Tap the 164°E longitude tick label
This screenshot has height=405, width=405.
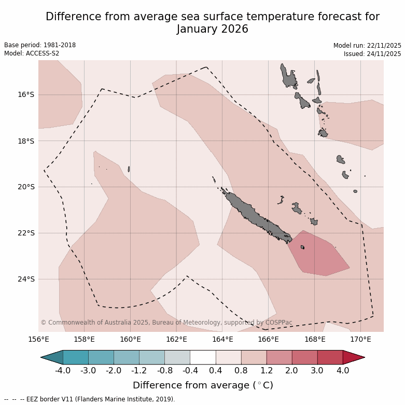point(222,340)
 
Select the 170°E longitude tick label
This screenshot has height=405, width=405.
point(360,340)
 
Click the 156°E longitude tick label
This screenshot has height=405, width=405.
point(38,340)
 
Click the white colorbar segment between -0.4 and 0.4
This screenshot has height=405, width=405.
point(203,357)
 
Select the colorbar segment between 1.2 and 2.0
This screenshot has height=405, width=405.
point(279,357)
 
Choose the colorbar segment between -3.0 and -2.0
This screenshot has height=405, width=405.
point(101,357)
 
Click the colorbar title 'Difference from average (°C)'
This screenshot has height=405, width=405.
point(203,385)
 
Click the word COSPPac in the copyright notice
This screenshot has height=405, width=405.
point(278,323)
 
